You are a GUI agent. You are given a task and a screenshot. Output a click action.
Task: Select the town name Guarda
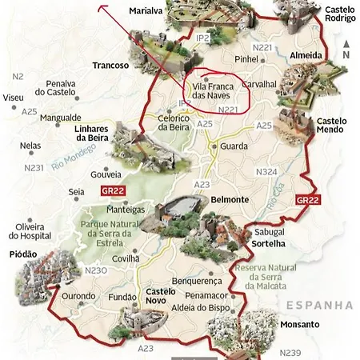pos(234,146)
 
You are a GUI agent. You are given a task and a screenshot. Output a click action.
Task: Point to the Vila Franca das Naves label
pos(215,90)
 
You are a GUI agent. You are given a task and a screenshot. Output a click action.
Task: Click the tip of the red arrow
pos(101,6)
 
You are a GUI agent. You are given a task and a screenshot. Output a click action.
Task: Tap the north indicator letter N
pos(345,55)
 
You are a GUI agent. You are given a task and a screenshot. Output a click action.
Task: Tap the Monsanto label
pos(301,325)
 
